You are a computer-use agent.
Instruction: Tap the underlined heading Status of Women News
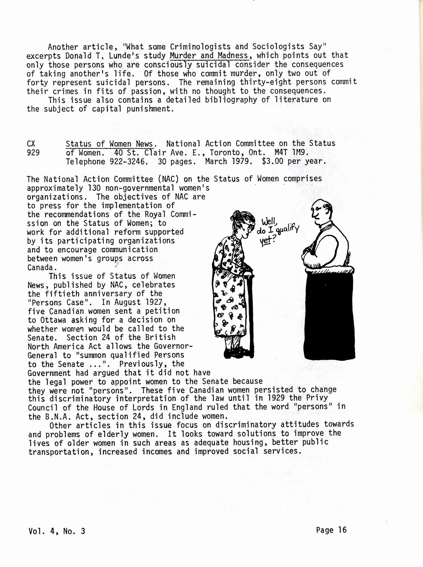[x=110, y=144]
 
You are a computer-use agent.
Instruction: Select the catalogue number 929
[x=33, y=152]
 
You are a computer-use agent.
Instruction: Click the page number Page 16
[x=331, y=530]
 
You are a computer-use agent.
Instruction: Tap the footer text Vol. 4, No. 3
[x=56, y=531]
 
